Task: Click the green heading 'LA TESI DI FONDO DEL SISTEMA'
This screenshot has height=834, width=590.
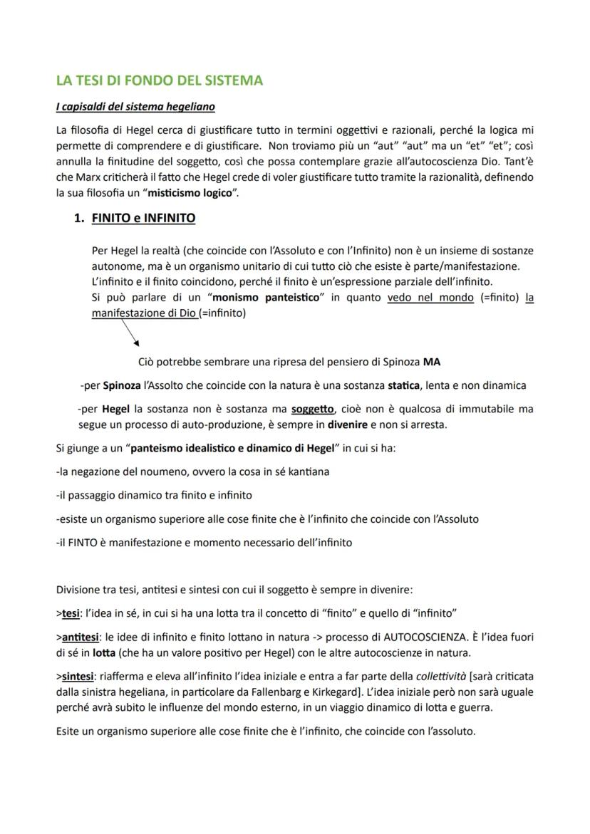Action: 159,80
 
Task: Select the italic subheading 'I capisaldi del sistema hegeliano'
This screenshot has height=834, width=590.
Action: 135,107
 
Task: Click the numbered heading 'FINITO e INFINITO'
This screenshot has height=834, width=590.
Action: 143,219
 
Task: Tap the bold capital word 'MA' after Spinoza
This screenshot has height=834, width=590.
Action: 431,362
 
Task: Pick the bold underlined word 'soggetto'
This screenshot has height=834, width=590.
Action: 313,410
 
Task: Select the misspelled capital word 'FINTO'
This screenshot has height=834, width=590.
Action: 83,542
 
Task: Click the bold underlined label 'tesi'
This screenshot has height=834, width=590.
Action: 70,613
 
